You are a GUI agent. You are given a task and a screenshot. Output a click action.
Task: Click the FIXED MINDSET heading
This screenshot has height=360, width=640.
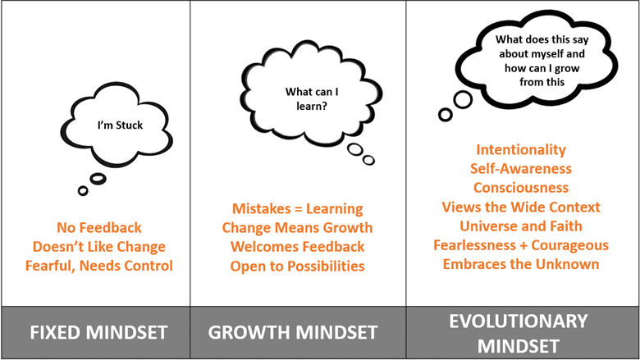98,332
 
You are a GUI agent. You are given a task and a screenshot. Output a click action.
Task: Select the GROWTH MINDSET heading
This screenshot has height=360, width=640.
293,332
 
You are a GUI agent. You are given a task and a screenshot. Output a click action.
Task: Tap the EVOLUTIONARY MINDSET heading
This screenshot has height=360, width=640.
519,334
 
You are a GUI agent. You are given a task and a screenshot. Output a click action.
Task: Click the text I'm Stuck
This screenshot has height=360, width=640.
120,125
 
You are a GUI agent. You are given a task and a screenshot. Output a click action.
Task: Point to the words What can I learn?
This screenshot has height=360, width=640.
312,98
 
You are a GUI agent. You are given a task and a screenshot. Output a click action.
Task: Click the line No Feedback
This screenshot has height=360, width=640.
99,227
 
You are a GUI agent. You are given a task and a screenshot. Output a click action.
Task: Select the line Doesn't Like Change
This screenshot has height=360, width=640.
99,247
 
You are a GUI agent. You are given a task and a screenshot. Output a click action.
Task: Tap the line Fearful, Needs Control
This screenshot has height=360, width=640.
99,266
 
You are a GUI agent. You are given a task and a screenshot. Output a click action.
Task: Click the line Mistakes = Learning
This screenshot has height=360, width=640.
298,209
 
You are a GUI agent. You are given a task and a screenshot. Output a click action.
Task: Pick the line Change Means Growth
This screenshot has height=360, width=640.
298,227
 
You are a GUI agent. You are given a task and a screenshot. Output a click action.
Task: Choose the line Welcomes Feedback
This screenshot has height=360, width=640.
298,247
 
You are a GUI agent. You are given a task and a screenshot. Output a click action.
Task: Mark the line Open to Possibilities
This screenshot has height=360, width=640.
298,267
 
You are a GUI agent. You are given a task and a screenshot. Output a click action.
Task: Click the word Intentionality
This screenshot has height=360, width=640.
521,149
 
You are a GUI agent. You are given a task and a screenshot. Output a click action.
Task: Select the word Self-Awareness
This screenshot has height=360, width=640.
521,168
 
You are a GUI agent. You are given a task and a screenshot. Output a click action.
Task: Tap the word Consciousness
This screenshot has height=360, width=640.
521,188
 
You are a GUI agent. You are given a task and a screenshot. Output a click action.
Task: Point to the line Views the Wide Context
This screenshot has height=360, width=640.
521,207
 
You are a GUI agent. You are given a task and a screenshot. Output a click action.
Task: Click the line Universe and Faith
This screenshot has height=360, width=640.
521,226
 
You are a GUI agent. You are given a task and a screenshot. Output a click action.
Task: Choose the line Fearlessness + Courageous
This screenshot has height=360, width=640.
521,245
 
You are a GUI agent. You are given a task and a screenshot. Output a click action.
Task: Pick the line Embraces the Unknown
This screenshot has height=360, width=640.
521,264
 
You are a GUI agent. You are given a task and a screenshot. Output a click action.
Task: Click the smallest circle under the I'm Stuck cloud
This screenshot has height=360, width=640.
83,190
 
